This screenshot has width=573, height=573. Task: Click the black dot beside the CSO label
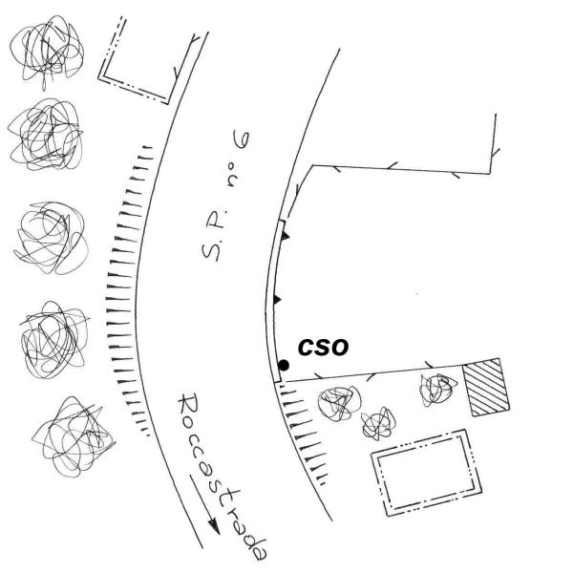tap(284, 365)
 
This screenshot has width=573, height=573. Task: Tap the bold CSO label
tap(323, 348)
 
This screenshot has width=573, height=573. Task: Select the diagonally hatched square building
tap(486, 387)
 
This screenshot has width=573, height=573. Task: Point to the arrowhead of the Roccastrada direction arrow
tap(214, 527)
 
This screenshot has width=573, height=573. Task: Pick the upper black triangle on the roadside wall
tap(285, 235)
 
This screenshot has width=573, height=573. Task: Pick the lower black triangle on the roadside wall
tap(277, 300)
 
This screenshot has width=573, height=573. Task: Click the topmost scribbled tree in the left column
tap(47, 52)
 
